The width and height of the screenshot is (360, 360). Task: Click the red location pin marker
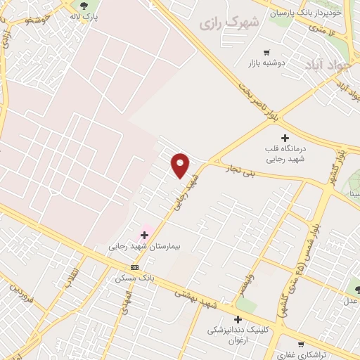tap(181, 165)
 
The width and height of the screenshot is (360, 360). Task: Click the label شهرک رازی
tap(229, 22)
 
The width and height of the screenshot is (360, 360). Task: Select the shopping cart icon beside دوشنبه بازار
tap(266, 52)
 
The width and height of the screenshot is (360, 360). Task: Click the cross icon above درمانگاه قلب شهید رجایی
tap(285, 138)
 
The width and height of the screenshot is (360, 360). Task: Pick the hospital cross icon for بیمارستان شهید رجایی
tap(145, 235)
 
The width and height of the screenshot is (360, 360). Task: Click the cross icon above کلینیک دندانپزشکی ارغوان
tap(238, 319)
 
